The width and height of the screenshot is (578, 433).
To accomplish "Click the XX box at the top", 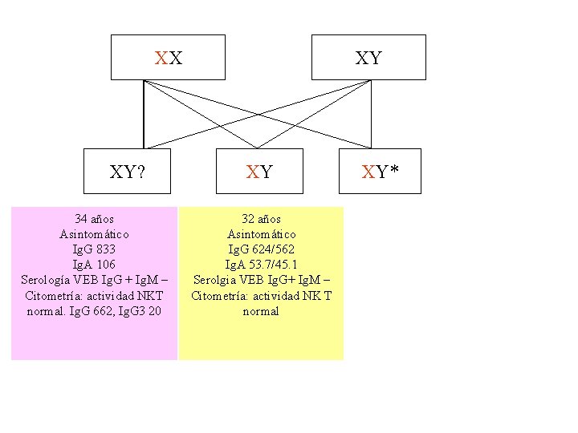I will [168, 58].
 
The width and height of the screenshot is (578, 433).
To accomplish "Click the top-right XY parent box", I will [368, 58].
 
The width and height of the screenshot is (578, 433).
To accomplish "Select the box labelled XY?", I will [128, 171].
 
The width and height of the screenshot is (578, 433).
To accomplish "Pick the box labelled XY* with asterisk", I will [380, 171].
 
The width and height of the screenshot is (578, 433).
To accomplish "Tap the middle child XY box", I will [259, 171].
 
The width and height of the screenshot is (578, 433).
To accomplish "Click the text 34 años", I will [94, 219].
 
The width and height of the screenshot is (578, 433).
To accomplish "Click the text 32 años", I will [261, 219].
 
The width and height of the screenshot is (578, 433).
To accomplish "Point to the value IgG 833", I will [94, 249].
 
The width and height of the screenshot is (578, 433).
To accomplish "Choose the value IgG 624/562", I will [261, 249].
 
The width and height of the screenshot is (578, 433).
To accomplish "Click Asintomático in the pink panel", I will [94, 234].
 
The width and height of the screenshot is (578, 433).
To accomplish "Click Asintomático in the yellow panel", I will [261, 234].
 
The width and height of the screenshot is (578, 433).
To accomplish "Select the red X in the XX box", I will [161, 58].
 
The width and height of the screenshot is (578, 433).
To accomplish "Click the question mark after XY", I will [141, 171].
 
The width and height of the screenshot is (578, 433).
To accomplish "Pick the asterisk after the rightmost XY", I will [394, 169].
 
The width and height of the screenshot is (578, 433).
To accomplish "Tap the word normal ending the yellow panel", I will [261, 311].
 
